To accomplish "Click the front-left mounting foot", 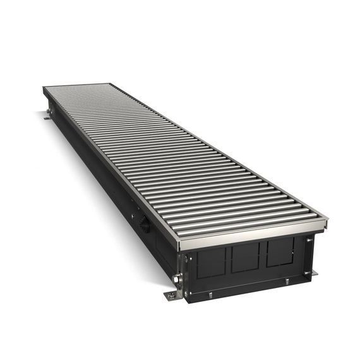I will (171, 296).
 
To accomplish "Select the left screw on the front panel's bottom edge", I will (220, 291).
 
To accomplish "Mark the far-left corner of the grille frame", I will (43, 90).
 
